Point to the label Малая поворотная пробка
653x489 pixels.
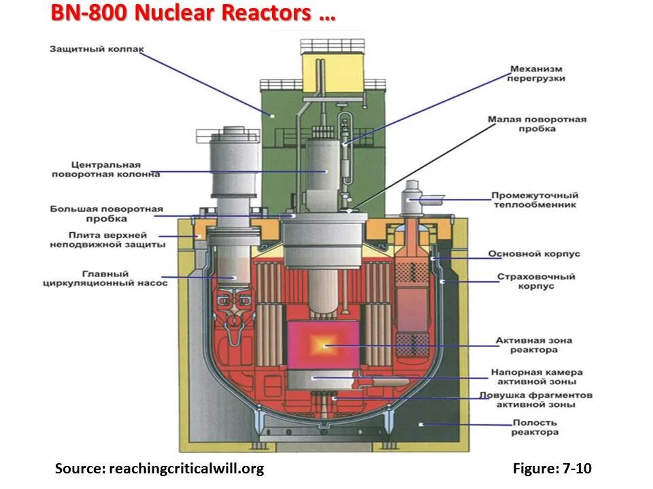click(537, 124)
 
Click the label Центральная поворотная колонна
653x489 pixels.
click(105, 169)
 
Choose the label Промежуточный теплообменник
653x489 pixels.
click(535, 200)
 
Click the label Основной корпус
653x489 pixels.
click(534, 254)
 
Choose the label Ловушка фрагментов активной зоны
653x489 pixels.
click(536, 399)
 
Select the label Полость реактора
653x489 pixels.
click(536, 427)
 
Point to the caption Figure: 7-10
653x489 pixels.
click(552, 469)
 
